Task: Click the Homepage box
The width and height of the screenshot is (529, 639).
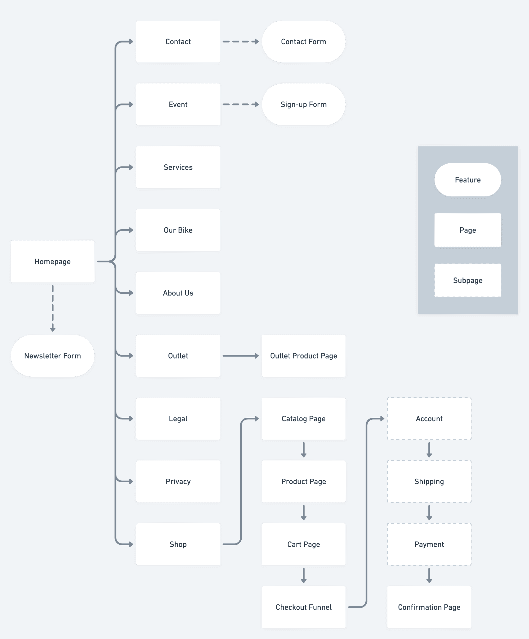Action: click(x=52, y=261)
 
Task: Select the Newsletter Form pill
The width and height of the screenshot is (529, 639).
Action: click(x=52, y=356)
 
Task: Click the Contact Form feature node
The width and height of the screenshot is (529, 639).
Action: click(x=303, y=42)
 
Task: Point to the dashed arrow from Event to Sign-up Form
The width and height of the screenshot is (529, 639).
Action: click(x=240, y=104)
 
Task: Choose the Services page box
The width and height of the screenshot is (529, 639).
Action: click(x=178, y=167)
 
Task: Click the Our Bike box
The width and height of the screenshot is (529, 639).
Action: click(x=178, y=230)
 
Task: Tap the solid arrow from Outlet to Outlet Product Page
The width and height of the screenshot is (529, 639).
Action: click(x=240, y=356)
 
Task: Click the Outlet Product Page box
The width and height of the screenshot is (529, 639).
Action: click(x=303, y=356)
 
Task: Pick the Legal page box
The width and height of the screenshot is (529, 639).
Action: click(x=178, y=418)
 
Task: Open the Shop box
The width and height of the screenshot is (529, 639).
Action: click(x=178, y=544)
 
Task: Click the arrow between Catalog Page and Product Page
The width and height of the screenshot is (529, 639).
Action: click(x=303, y=450)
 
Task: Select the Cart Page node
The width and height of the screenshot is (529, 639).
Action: click(x=303, y=544)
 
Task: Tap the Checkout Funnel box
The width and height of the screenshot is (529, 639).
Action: click(x=303, y=607)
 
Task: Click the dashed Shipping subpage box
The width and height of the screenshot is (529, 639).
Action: click(x=429, y=481)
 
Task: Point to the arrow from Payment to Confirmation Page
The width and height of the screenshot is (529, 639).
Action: click(x=429, y=575)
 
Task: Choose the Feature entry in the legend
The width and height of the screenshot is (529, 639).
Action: click(x=468, y=180)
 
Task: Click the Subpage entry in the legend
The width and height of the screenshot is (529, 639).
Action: click(x=468, y=280)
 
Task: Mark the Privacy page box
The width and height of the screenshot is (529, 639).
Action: click(x=178, y=481)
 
